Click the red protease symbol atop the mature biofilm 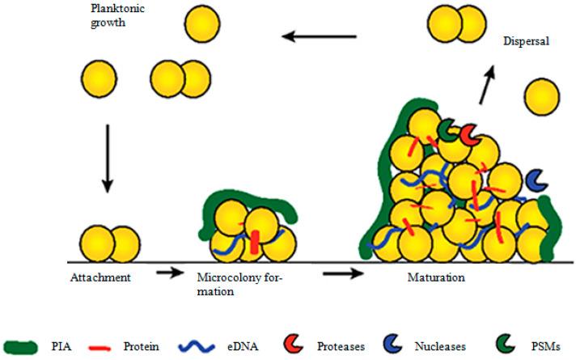tap(469, 137)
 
